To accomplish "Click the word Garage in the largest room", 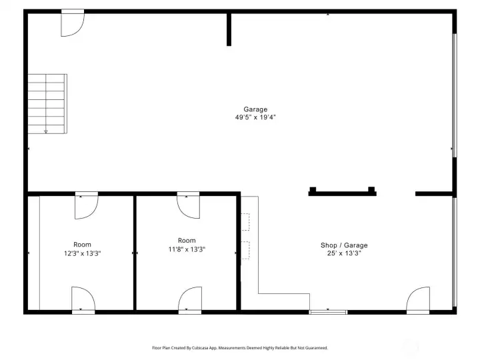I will (x=255, y=109).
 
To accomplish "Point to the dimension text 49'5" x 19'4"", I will (x=255, y=117).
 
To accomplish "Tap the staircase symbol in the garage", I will (x=47, y=103).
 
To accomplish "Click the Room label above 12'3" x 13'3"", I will (x=82, y=245).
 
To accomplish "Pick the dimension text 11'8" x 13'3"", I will (x=187, y=249).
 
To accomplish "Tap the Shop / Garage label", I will (x=343, y=245).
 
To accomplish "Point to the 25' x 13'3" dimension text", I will (x=343, y=253).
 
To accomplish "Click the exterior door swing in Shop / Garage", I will (x=418, y=300).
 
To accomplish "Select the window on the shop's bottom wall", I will (x=328, y=311).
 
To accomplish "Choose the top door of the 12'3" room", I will (x=86, y=205).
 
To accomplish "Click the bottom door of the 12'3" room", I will (x=83, y=299).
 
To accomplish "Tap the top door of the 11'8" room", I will (x=187, y=205).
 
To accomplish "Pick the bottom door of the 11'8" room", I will (x=190, y=299).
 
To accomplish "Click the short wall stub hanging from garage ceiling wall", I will (x=229, y=29).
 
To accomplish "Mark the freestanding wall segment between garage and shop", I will (x=342, y=193).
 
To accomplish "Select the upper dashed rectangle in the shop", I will (x=245, y=222).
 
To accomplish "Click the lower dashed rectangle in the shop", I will (x=245, y=250).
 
